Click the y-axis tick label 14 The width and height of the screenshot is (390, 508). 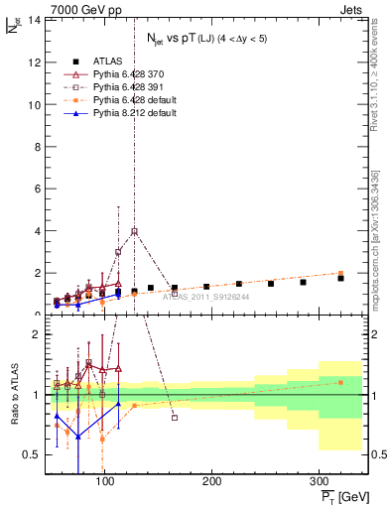point(32,20)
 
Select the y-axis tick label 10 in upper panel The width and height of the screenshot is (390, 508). point(32,104)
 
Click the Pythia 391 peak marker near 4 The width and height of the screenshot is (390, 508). point(134,231)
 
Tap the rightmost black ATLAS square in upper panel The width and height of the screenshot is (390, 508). point(340,278)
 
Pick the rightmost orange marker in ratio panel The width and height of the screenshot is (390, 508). point(340,382)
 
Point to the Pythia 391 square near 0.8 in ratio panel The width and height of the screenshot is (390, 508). point(175,418)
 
